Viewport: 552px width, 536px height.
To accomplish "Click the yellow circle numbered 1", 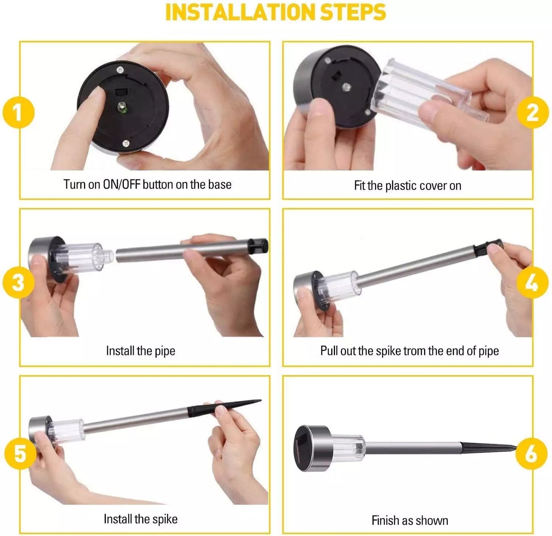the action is click(x=19, y=112).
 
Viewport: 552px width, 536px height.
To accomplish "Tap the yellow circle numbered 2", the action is click(x=533, y=112).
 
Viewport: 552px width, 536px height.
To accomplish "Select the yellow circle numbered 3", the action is click(x=19, y=282).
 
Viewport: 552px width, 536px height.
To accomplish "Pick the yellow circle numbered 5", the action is click(x=20, y=454).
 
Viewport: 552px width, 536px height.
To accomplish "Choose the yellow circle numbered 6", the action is click(x=531, y=454).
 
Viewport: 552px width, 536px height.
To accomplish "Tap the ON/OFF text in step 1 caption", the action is click(x=121, y=184).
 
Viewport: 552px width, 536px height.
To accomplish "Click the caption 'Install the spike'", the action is click(x=141, y=519).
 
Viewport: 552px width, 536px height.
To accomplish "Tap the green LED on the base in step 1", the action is click(x=121, y=107).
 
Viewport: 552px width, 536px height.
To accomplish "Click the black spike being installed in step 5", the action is click(x=224, y=408).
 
